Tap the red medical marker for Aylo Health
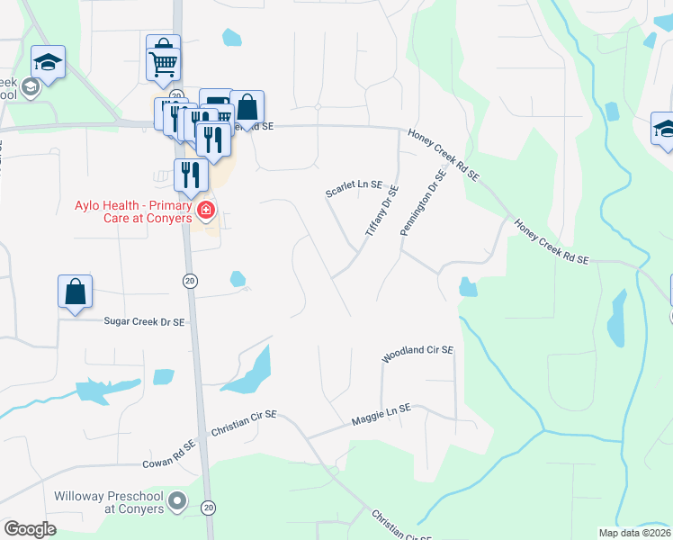pyautogui.click(x=205, y=211)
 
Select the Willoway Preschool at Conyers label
pyautogui.click(x=109, y=502)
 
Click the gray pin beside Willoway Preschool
pyautogui.click(x=178, y=499)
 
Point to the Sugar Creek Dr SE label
pyautogui.click(x=144, y=321)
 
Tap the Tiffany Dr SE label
pyautogui.click(x=381, y=211)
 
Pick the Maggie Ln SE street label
pyautogui.click(x=381, y=413)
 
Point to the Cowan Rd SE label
pyautogui.click(x=168, y=455)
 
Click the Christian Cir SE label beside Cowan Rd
pyautogui.click(x=243, y=425)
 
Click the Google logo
pyautogui.click(x=31, y=528)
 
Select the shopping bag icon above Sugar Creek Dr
pyautogui.click(x=76, y=292)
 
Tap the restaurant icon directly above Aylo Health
pyautogui.click(x=189, y=173)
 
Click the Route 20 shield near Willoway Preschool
pyautogui.click(x=209, y=508)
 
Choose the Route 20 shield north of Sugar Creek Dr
pyautogui.click(x=190, y=282)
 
